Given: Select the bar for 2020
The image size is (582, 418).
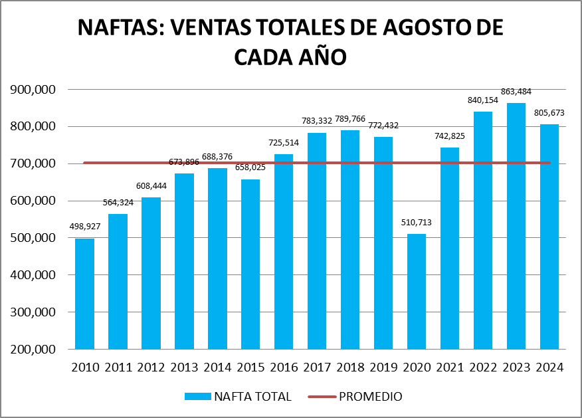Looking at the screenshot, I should click(417, 291).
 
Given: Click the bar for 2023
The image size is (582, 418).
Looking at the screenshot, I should click(516, 226).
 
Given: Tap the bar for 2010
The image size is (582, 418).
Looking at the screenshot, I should click(84, 293).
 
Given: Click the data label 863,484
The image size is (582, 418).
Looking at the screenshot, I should click(516, 92).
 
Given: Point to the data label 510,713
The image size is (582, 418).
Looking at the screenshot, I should click(417, 223).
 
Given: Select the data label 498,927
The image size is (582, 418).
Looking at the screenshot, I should click(84, 227).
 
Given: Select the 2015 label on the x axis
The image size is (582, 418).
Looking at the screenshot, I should click(250, 367).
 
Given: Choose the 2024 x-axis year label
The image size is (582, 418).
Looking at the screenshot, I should click(549, 367).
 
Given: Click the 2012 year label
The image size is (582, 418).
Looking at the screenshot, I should click(151, 367).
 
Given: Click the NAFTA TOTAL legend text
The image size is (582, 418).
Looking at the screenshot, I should click(252, 397).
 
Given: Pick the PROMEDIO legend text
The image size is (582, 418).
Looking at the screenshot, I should click(370, 397).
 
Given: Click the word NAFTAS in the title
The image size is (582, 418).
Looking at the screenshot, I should click(118, 27).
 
